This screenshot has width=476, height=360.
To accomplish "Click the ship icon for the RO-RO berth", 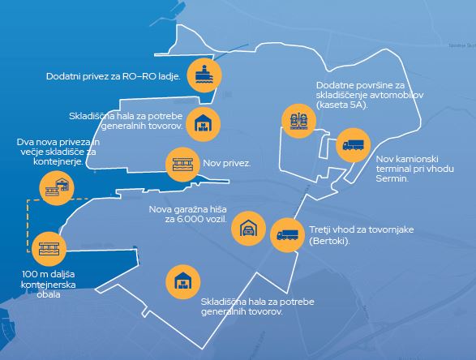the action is click(x=204, y=75).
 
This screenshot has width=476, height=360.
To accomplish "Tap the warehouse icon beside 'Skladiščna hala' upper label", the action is click(x=203, y=124).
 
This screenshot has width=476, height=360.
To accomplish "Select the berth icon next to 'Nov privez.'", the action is click(x=182, y=165).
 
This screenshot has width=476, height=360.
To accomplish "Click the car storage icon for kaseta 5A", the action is click(x=299, y=121).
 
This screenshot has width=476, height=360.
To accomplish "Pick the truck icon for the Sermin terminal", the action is click(x=354, y=145).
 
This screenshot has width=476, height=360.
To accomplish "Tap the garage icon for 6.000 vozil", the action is click(x=249, y=229).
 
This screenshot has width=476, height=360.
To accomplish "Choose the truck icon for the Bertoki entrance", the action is click(x=288, y=234).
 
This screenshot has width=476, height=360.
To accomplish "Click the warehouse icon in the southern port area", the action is click(x=183, y=281).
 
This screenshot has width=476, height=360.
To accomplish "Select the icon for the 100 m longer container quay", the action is click(x=49, y=249).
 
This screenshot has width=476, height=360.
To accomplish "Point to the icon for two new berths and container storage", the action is click(x=57, y=188).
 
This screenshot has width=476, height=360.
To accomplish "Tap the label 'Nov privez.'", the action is click(x=227, y=163).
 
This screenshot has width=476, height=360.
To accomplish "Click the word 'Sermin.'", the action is click(x=392, y=178).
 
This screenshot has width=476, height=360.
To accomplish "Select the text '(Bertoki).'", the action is click(x=329, y=242).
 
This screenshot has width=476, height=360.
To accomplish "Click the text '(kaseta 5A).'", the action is click(x=342, y=105).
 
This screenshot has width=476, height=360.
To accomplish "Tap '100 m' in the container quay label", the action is click(x=32, y=274).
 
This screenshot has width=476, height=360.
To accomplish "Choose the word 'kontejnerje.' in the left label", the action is click(x=58, y=161).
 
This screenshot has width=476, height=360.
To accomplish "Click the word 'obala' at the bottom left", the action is click(x=49, y=294).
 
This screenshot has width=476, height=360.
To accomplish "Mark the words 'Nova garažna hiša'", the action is click(x=187, y=209).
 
